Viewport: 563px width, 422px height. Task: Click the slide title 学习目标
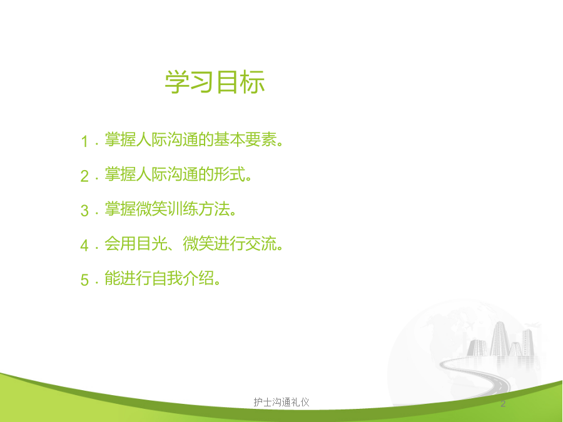[x=215, y=82]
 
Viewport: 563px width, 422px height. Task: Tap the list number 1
[x=84, y=141]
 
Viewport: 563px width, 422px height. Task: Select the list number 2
[x=84, y=176]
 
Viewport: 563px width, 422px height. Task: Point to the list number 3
[x=84, y=211]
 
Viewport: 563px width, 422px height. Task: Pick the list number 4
[x=84, y=246]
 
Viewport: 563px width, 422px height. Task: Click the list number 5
[x=84, y=280]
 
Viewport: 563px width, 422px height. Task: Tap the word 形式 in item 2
[x=230, y=174]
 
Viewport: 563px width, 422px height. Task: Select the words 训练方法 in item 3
[x=198, y=208]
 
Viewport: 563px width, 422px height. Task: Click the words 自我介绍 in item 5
[x=183, y=278]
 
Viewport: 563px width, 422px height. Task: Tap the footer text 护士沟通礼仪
[x=281, y=402]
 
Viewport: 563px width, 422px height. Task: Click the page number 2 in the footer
[x=503, y=404]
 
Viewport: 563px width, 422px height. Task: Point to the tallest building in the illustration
[x=499, y=339]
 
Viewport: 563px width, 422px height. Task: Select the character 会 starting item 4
[x=113, y=243]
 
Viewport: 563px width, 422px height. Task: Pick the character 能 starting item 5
[x=113, y=278]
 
